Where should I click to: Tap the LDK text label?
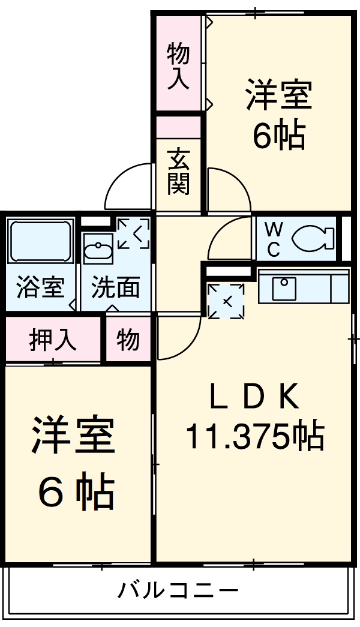(x=253, y=398)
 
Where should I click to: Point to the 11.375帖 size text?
(x=254, y=436)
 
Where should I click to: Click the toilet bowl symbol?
(x=313, y=238)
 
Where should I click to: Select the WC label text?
(x=273, y=239)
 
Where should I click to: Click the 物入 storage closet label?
(x=178, y=66)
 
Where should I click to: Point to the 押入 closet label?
(x=53, y=340)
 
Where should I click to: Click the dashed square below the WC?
(x=226, y=300)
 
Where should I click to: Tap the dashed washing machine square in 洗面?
(x=133, y=233)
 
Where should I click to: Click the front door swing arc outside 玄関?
(x=127, y=186)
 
